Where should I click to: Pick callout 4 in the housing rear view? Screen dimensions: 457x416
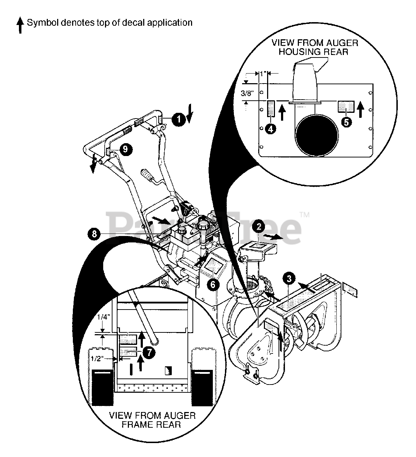coord(271,129)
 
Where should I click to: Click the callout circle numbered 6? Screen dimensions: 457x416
coord(213,285)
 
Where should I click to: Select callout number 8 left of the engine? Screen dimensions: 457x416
coord(94,234)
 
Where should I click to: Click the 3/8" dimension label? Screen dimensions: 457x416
coord(247,93)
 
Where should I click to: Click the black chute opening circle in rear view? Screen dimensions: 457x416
coord(316,135)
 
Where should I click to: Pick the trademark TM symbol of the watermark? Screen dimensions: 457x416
coord(304,215)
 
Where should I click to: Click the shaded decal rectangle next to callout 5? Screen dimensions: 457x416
coord(346,106)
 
